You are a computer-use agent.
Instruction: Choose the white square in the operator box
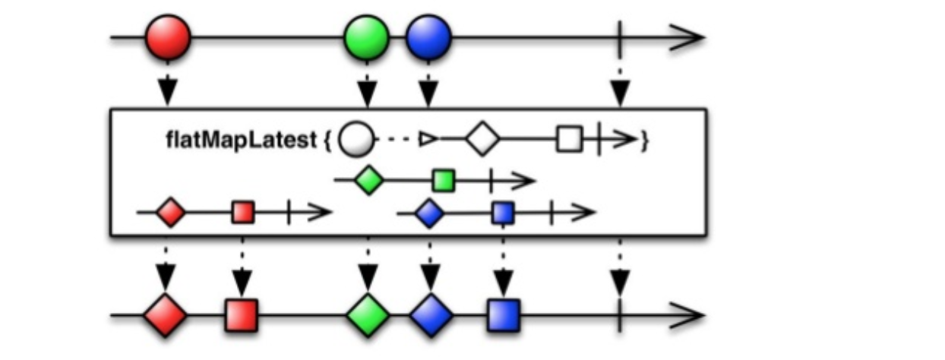(x=569, y=140)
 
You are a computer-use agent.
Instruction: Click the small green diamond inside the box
(x=368, y=181)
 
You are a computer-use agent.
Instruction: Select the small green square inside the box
(x=444, y=181)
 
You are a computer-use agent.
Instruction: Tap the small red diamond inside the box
(x=170, y=213)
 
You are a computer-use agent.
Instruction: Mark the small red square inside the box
(x=243, y=213)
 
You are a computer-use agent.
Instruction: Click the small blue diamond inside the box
(x=430, y=213)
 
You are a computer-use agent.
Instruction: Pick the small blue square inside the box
(x=503, y=213)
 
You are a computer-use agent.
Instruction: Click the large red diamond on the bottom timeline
(x=165, y=315)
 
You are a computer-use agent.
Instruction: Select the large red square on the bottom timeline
(x=242, y=315)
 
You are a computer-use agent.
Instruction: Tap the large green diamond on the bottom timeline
(x=368, y=315)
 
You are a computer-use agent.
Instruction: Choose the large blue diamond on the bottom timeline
(x=431, y=315)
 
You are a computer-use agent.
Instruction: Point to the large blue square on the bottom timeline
(x=503, y=315)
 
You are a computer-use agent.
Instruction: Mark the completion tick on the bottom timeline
(x=621, y=314)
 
